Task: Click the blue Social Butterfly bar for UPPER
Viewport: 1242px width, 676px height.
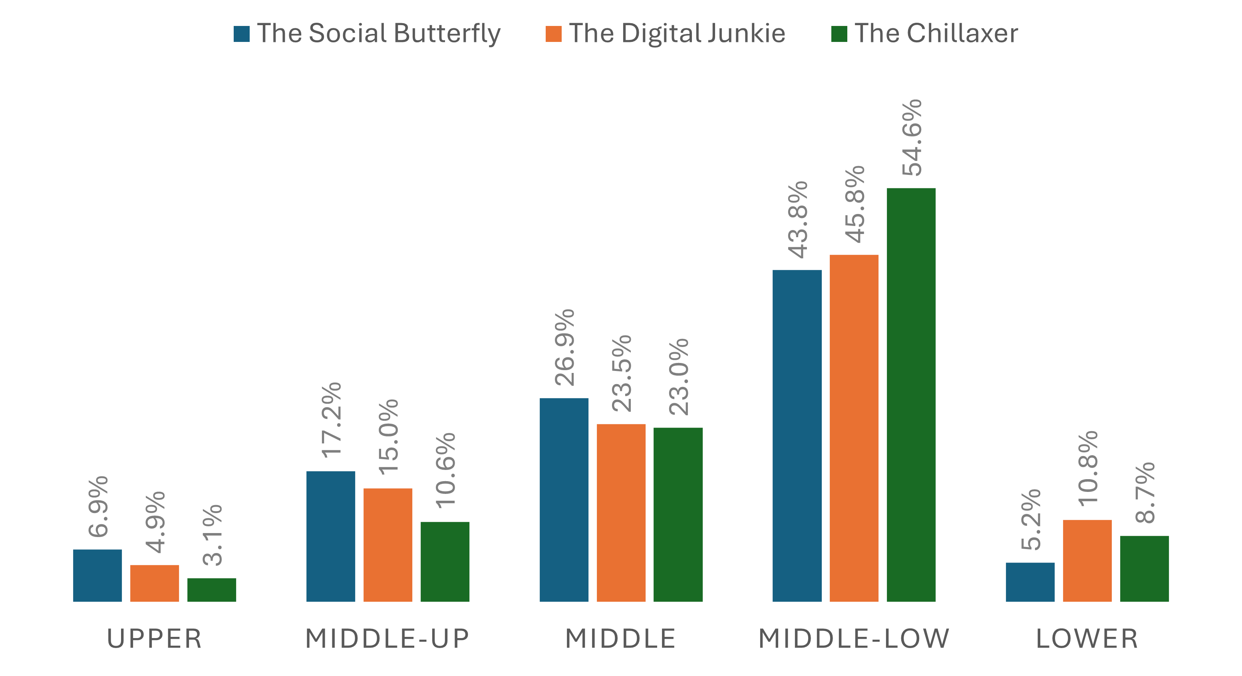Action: coord(97,575)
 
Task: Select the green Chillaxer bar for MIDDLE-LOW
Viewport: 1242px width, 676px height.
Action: coord(911,394)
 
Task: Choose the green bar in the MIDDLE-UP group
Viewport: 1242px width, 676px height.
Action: coord(445,561)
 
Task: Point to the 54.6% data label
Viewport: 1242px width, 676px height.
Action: coord(912,138)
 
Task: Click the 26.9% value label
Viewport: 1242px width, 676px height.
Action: coord(564,347)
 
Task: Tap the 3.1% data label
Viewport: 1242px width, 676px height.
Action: coord(212,535)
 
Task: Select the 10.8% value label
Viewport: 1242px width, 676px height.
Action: coord(1088,468)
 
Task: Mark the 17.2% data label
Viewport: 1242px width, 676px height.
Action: coord(332,420)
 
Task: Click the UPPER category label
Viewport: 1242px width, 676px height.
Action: coord(154,639)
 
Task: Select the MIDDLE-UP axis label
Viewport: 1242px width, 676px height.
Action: coord(388,639)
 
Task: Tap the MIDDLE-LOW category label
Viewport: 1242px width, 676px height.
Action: coord(854,639)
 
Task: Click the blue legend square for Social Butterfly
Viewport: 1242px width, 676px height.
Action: coord(242,34)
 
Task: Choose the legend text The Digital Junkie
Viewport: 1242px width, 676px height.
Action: coord(677,33)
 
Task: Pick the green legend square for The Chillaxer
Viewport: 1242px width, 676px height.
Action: coord(839,34)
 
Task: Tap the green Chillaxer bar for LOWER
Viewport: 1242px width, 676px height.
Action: coord(1144,569)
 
